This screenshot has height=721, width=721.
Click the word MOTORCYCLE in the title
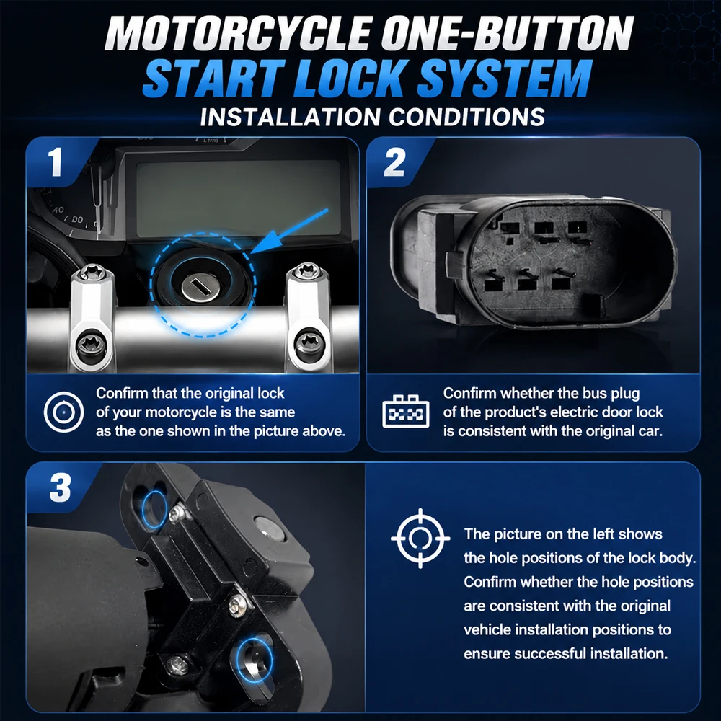237,34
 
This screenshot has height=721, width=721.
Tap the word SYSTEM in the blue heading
505,78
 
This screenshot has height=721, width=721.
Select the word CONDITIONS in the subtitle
466,118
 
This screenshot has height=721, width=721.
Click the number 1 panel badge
56,162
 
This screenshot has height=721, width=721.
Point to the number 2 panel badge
394,162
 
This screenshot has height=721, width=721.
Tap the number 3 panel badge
61,487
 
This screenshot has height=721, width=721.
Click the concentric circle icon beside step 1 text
64,412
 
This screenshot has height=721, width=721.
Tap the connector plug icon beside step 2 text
405,412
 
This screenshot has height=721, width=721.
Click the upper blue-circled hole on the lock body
154,509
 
